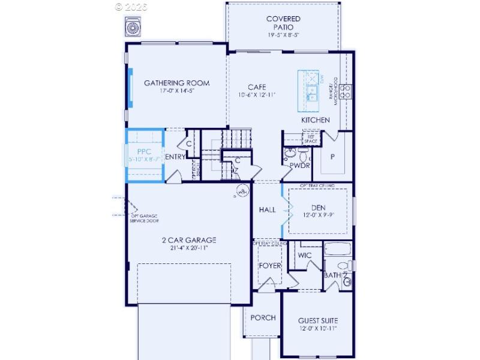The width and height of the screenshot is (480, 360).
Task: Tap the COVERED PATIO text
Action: coord(283,23)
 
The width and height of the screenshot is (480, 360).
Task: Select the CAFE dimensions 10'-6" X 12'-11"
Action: coord(257,95)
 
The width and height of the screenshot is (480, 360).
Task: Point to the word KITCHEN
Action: coord(316,120)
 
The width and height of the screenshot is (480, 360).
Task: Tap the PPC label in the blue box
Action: coord(144,152)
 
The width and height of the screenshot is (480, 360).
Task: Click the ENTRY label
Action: coord(175,157)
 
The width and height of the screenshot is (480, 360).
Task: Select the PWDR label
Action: coord(299,165)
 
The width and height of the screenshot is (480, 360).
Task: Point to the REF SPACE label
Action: coord(311,139)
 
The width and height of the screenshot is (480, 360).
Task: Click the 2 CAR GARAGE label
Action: coord(188,240)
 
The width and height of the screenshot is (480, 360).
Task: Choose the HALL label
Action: coord(267,210)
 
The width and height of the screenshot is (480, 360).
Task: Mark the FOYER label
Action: coord(269,266)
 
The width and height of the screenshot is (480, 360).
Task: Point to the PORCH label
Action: coord(263,317)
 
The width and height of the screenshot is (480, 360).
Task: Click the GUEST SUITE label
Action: coord(317,321)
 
